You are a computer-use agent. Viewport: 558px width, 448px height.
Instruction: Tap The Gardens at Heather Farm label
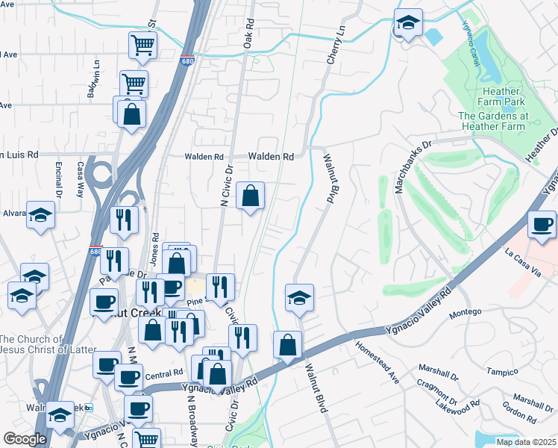493,121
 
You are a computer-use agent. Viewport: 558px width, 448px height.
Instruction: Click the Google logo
25,439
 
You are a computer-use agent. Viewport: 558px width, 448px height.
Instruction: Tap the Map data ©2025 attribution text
526,442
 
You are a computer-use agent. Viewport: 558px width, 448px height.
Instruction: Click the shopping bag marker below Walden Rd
251,196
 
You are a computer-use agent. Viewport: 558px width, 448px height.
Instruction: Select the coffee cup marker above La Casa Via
542,224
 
